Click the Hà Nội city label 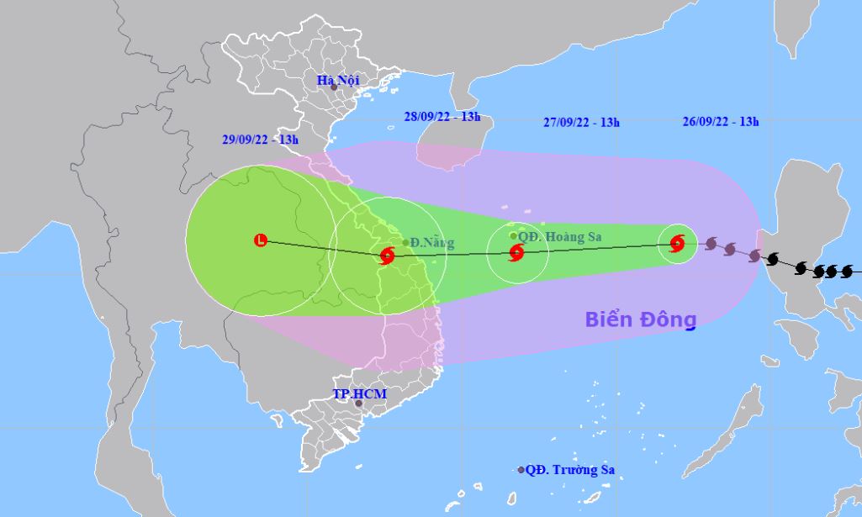tap(337, 80)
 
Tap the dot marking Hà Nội tap(334, 87)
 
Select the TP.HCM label tap(353, 393)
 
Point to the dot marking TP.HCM tap(359, 404)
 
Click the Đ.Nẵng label tap(432, 243)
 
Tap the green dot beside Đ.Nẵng tap(405, 243)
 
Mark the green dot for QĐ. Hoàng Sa tap(514, 236)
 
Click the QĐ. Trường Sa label tap(569, 470)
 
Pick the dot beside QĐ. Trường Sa tap(521, 470)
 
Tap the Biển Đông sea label tap(642, 319)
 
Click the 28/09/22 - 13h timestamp tap(442, 117)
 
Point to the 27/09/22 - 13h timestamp tap(582, 122)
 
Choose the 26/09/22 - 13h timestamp tap(721, 121)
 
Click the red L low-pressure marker tap(260, 241)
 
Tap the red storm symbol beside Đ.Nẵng tap(388, 255)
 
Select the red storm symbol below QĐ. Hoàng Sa tap(516, 251)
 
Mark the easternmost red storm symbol tap(677, 244)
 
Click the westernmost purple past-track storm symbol tap(711, 244)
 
